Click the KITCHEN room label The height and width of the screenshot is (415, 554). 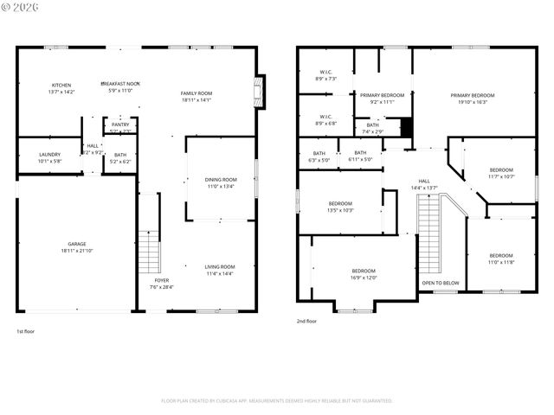coord(61,85)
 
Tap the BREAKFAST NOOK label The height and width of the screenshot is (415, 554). coord(119,83)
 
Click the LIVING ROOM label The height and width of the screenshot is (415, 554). coord(220,266)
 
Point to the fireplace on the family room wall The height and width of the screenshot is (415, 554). coord(257,92)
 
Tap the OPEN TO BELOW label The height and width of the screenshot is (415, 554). coord(440,283)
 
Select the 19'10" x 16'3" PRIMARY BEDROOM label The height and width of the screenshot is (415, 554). coord(473,95)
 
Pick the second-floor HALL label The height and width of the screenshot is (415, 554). coord(424,156)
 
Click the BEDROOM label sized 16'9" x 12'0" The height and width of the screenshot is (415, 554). coord(364,271)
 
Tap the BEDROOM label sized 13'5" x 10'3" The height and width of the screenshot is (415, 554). coord(340,203)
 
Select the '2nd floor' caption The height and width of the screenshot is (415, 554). coord(306,321)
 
